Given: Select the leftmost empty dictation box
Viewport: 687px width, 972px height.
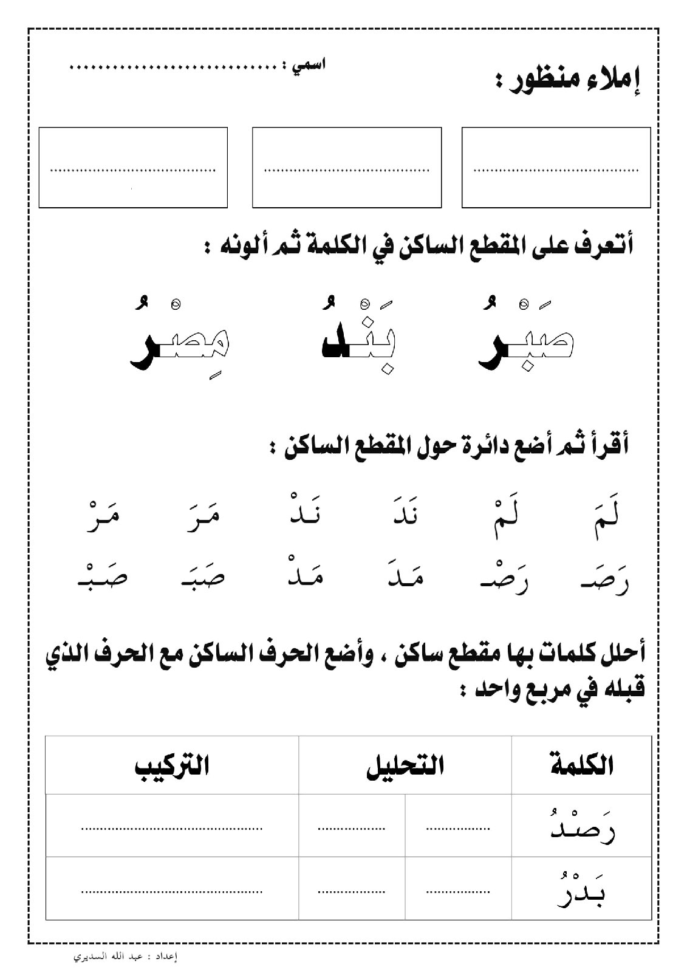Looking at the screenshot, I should pos(133,168).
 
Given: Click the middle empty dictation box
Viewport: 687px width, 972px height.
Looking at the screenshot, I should pos(346,168).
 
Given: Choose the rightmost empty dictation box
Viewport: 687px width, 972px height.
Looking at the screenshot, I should pos(556,168).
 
